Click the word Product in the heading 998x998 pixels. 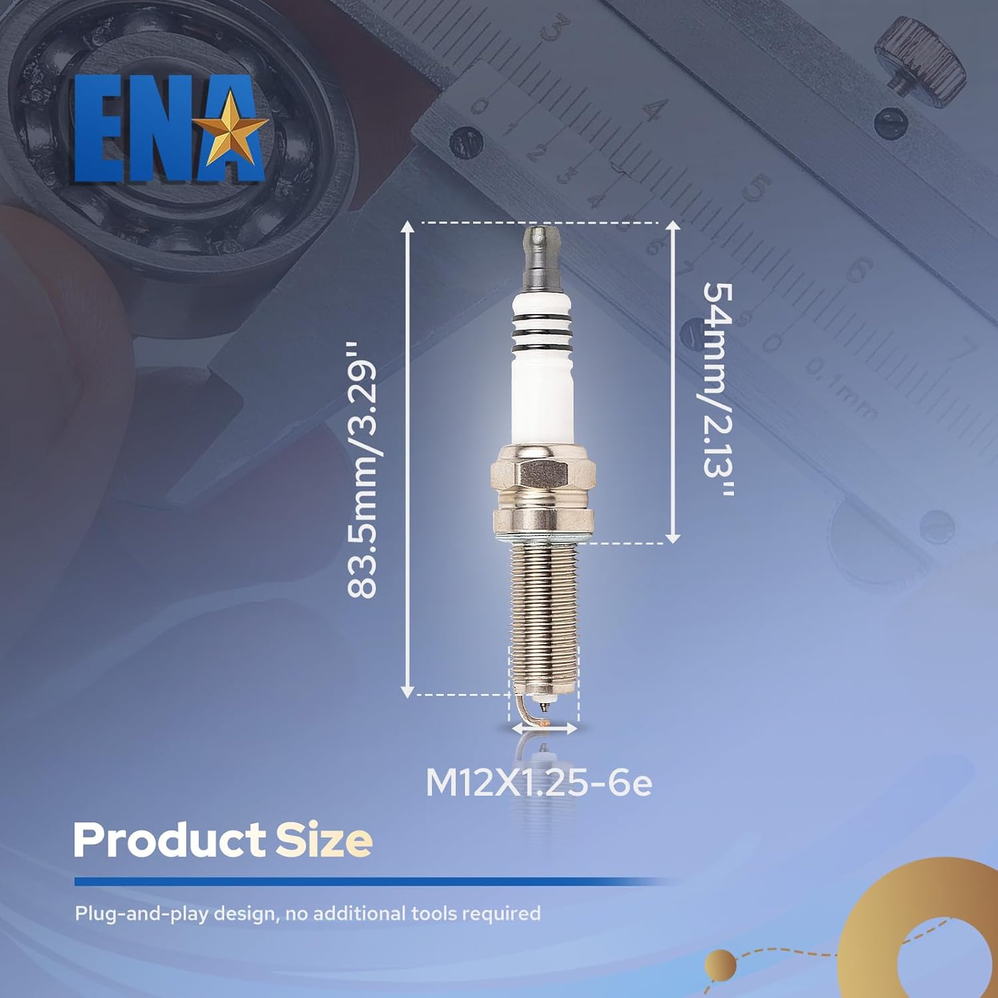tap(170, 840)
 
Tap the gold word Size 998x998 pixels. tap(324, 840)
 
